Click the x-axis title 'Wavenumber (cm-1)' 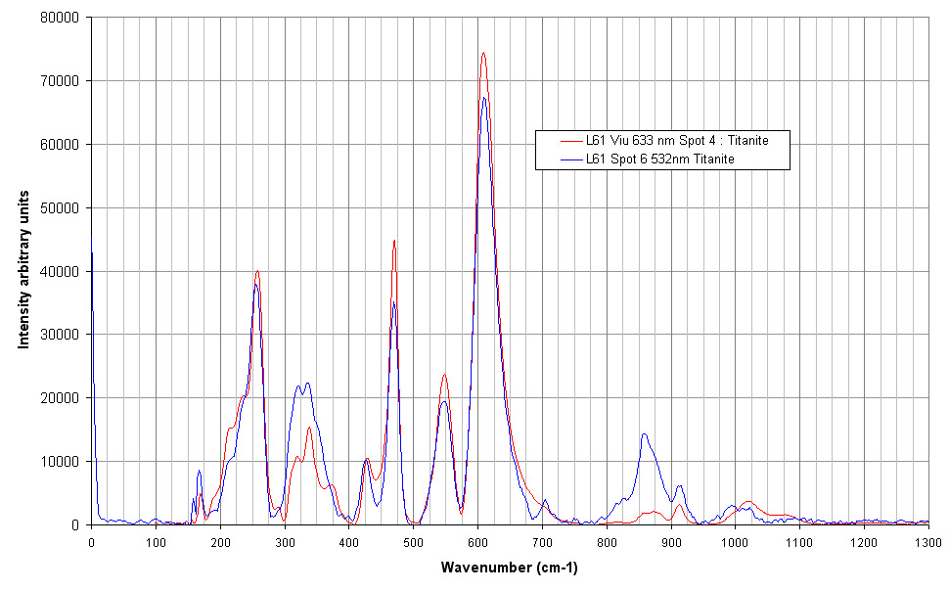(509, 568)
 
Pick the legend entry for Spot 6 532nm (660, 158)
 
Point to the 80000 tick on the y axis (61, 18)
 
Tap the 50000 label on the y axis (61, 207)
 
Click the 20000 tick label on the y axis (61, 398)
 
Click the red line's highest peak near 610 (483, 53)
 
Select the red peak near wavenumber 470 (394, 241)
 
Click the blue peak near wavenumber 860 (644, 433)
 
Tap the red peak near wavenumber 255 (257, 271)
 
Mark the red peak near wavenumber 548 (444, 374)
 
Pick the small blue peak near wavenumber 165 (199, 471)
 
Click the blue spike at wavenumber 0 (92, 252)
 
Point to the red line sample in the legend (560, 141)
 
